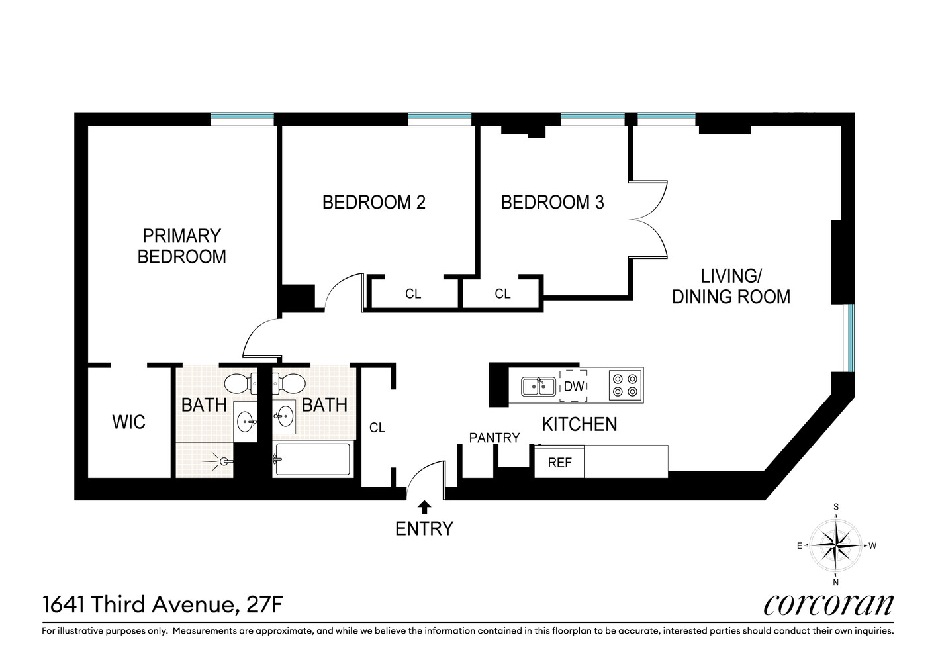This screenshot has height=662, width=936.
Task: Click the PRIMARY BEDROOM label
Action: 181,246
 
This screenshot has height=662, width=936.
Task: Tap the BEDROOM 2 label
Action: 373,202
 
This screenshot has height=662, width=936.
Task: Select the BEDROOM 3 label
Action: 552,202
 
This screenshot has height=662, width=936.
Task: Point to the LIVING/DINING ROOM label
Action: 731,286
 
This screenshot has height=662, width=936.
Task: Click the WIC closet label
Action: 128,422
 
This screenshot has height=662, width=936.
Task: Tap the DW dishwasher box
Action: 573,385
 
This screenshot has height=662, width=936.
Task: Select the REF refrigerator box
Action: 559,463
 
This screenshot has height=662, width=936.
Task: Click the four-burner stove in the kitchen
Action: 626,385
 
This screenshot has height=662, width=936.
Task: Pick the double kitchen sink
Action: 538,385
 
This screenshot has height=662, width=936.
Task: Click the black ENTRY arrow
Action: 424,507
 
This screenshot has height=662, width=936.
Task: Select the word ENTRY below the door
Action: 424,528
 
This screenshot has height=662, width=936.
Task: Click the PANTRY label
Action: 494,438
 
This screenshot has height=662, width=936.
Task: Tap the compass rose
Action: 835,545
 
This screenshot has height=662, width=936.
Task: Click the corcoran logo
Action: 828,604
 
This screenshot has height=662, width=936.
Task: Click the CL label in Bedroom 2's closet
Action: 413,293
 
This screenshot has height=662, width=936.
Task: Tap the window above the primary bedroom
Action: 242,119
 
